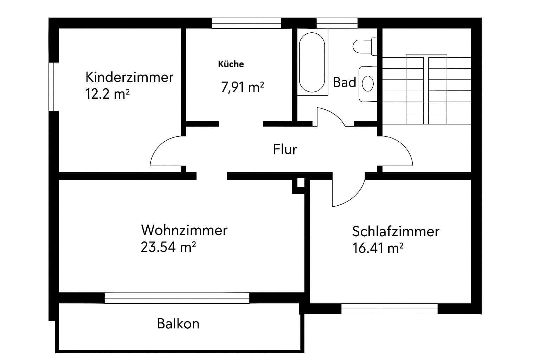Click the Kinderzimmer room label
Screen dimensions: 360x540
[129, 77]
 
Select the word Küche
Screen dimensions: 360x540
[231, 64]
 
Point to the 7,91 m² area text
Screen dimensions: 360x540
[243, 86]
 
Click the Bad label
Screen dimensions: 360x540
[345, 83]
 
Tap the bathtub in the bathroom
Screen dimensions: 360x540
[312, 62]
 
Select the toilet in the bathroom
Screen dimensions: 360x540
[365, 46]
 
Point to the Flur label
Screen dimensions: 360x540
[285, 149]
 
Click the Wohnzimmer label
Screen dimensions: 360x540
[184, 230]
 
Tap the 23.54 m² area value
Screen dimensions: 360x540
[168, 247]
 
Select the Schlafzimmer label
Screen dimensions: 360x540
[396, 232]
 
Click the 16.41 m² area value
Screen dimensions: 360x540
[377, 249]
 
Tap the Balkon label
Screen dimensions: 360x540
[178, 323]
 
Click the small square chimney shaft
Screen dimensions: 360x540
[300, 183]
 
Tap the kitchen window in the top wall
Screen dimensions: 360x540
[246, 23]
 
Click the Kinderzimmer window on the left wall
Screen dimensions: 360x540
[54, 86]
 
